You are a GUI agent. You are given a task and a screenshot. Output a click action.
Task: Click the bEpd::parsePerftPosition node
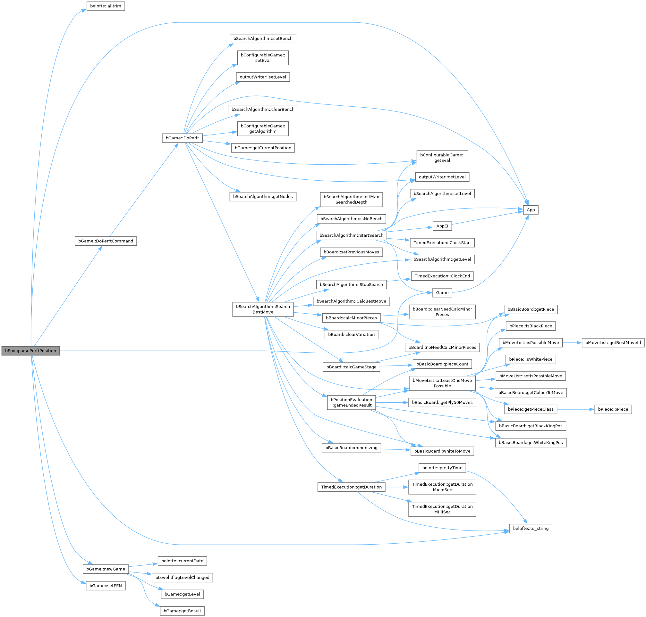30,350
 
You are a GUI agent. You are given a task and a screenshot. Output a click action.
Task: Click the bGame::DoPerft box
182,138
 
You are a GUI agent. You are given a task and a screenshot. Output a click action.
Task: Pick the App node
531,210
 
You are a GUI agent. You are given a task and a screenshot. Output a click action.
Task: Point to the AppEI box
442,226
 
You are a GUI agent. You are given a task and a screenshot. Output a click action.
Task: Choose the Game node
442,293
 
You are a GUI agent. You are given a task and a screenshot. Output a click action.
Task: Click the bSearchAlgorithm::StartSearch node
351,235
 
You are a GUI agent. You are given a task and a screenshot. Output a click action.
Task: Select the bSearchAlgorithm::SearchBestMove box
263,309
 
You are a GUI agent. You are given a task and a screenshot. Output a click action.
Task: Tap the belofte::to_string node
531,528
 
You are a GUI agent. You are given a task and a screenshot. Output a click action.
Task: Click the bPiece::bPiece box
613,409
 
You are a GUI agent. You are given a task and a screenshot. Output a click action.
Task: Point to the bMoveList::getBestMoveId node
613,343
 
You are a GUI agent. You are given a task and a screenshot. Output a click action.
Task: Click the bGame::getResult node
182,611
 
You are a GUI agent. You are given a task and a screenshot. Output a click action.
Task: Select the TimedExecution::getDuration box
351,487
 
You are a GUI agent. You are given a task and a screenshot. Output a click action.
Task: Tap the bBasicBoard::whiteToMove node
442,451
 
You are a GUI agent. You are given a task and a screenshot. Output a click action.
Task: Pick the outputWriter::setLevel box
263,77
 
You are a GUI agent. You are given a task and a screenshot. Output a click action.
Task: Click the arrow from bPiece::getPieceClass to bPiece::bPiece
575,409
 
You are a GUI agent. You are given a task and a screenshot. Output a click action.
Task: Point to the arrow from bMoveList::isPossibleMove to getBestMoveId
572,343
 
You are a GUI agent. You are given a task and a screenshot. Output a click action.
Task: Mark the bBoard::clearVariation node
351,334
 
